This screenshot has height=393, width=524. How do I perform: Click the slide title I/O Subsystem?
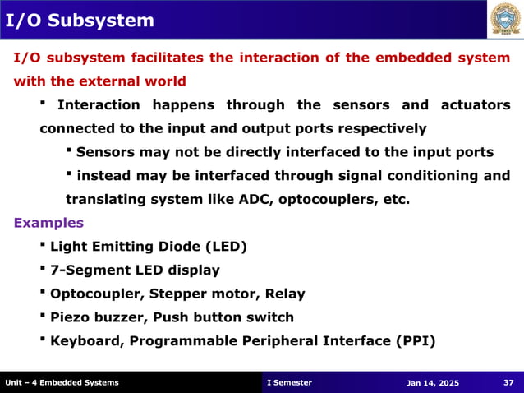point(79,20)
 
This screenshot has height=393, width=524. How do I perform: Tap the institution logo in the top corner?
point(505,21)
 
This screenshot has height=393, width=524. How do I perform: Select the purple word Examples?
point(48,223)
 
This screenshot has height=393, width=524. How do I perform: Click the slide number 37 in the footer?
point(508,382)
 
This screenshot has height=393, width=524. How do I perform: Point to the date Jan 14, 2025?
point(433,383)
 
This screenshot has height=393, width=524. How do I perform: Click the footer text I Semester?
point(290,382)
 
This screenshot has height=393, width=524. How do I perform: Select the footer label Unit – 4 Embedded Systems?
point(62,382)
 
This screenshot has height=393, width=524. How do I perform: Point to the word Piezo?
point(71,317)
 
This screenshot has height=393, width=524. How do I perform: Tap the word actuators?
point(476,105)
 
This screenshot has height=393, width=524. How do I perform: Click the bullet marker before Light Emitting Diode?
point(43,245)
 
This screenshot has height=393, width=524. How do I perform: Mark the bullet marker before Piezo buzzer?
point(43,317)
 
